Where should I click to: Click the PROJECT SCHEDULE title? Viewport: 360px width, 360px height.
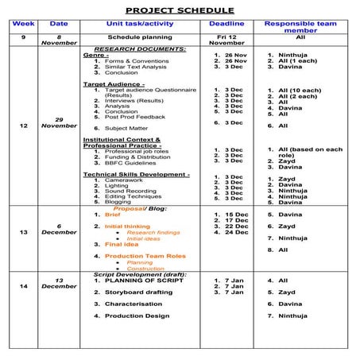point(180,10)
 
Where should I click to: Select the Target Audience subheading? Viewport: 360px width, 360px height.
point(114,83)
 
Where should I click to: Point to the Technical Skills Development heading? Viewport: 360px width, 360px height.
point(136,173)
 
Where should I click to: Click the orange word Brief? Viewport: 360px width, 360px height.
point(112,215)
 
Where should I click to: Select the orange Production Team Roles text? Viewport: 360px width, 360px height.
point(145,256)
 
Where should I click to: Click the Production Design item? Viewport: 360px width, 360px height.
point(137,315)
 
